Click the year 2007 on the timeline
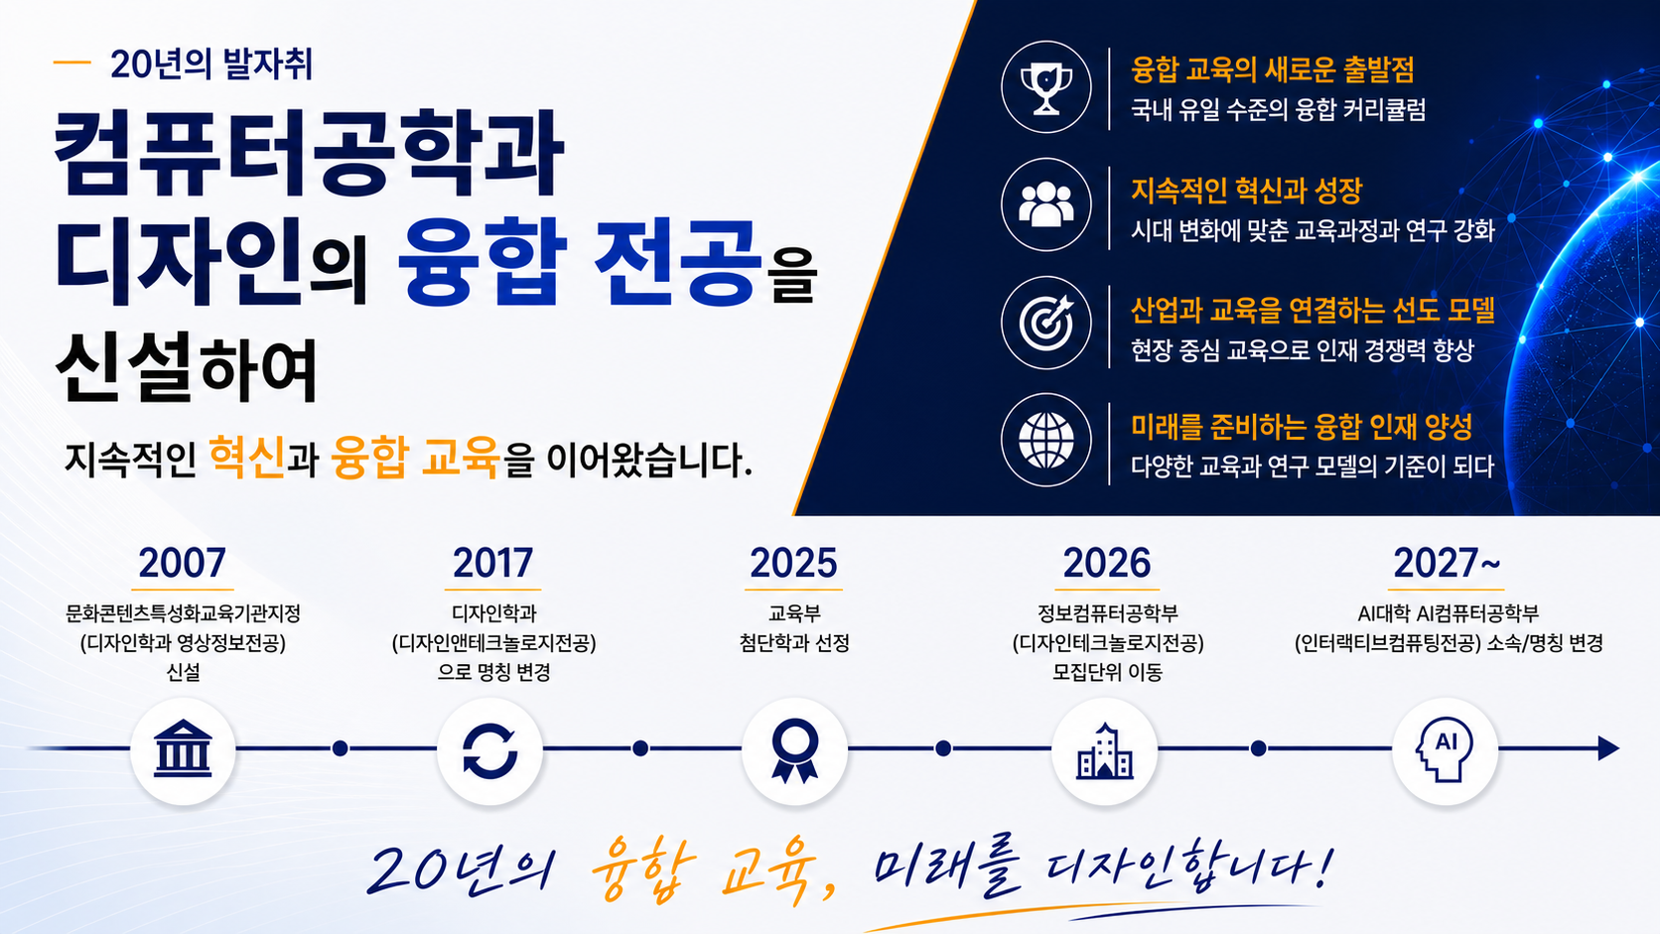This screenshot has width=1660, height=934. coord(182,563)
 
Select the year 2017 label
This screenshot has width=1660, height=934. coord(492,563)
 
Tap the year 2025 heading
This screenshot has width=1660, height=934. coord(793,563)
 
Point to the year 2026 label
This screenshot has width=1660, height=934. coord(1106,563)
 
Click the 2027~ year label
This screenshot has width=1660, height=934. coord(1447,563)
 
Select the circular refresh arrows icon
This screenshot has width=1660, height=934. coord(489,751)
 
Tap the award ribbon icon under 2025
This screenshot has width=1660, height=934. coord(794,750)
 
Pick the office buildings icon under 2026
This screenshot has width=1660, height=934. coord(1104,750)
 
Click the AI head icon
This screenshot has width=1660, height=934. coord(1446,749)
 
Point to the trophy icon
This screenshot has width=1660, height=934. coord(1045,87)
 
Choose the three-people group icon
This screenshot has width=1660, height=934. coord(1045,203)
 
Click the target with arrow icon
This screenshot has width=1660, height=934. coord(1045,323)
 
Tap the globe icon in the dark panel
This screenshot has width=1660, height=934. coord(1045,440)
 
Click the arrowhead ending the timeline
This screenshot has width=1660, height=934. coord(1608,748)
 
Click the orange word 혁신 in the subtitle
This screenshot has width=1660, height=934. coord(247,457)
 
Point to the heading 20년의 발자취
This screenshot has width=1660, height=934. coord(211,64)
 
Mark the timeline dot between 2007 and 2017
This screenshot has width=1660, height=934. coord(341,748)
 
